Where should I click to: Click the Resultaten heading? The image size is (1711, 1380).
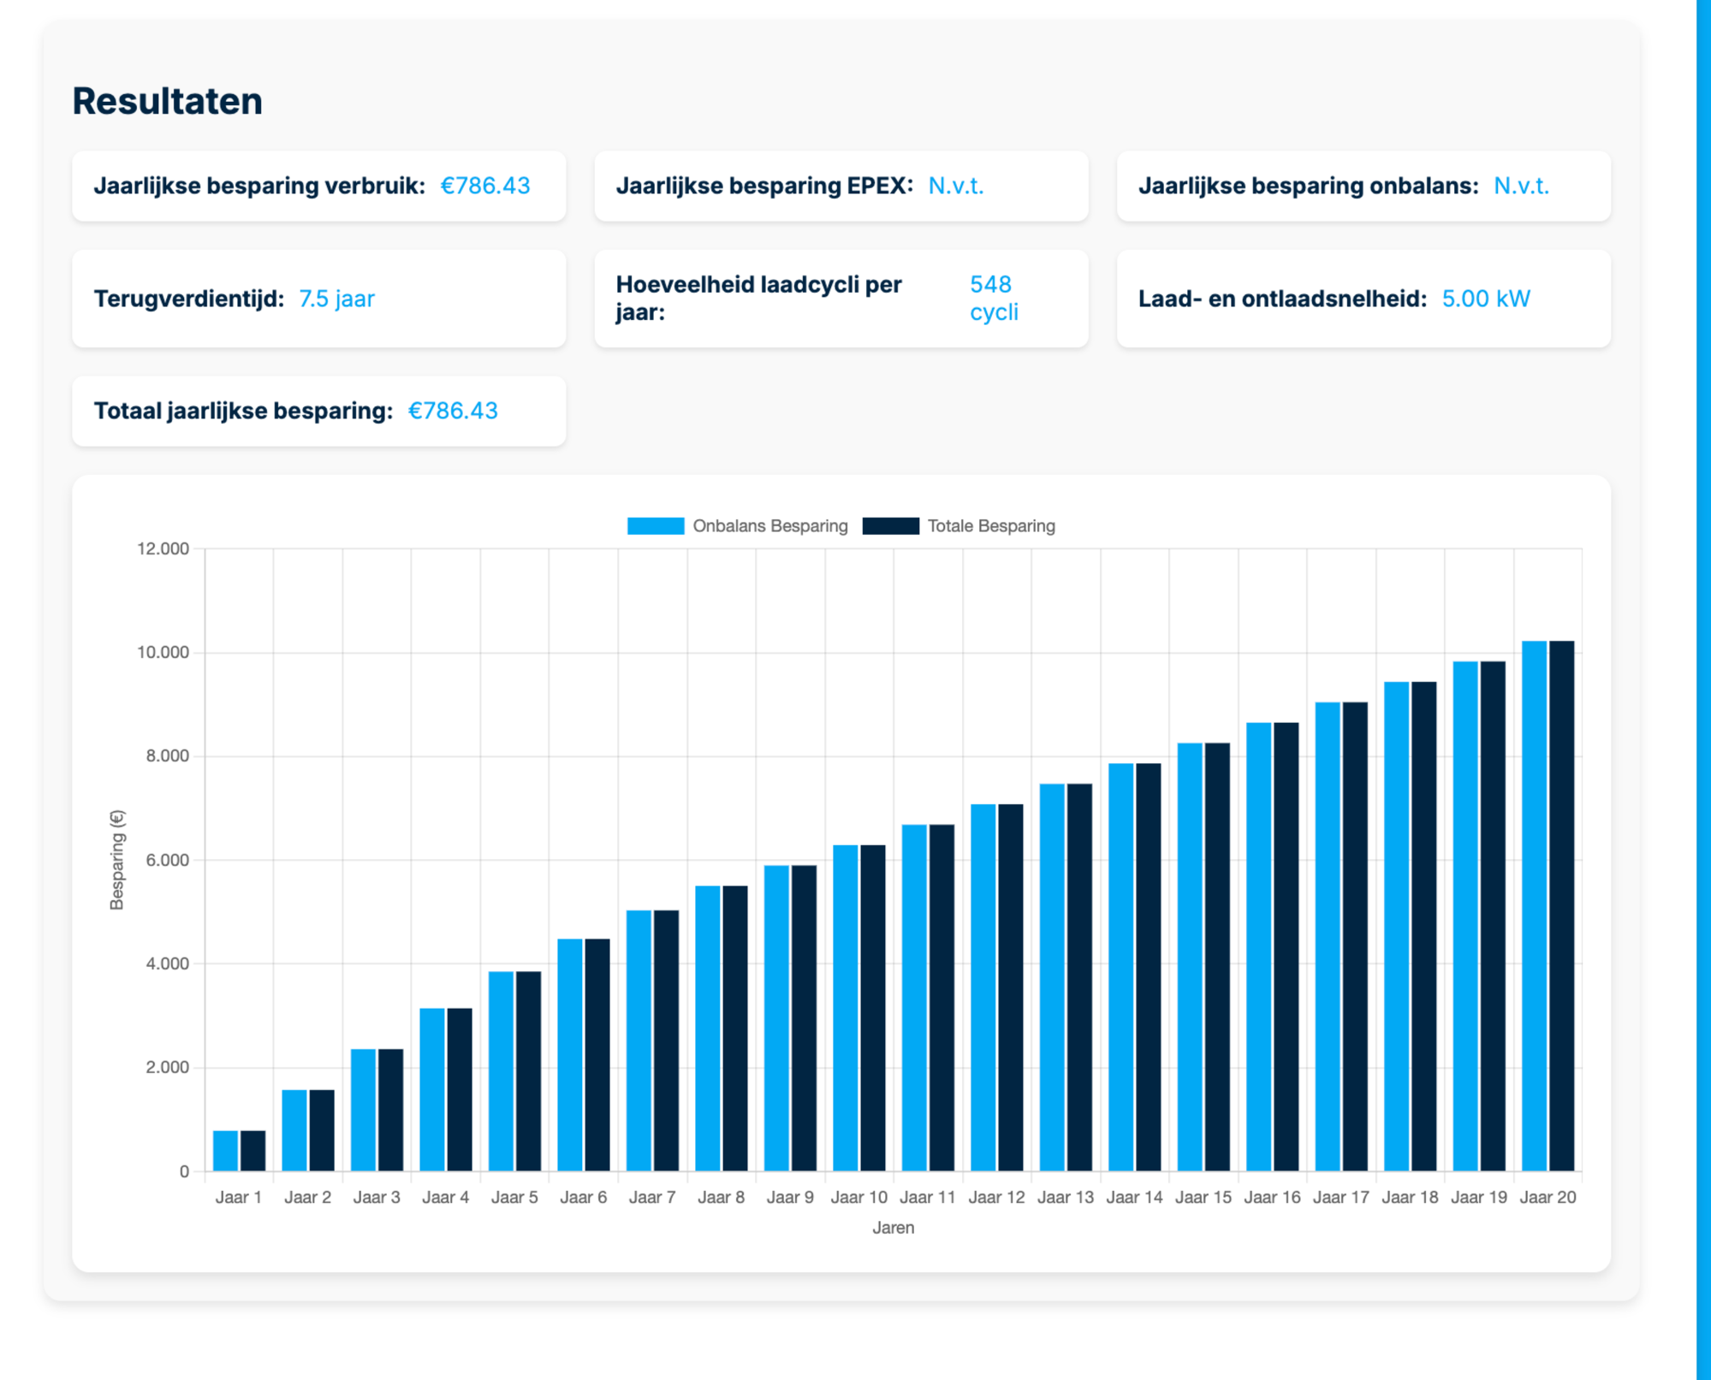[x=167, y=101]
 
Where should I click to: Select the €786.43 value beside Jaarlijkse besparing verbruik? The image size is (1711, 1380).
[x=485, y=186]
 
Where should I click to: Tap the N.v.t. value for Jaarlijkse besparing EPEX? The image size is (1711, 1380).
[x=956, y=186]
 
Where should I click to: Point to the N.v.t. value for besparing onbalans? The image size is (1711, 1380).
[x=1521, y=186]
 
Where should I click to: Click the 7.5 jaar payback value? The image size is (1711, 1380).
[x=336, y=299]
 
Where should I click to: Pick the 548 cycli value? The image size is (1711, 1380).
[x=994, y=298]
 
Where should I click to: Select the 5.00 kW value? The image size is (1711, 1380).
[x=1486, y=299]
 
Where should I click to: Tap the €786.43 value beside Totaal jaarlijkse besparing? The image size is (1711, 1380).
[x=453, y=411]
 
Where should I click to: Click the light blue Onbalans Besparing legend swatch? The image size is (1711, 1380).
[x=656, y=526]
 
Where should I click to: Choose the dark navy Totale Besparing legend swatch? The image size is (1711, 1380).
[x=890, y=526]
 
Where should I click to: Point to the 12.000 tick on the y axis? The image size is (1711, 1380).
[x=163, y=548]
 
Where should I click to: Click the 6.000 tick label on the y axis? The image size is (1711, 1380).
[x=167, y=860]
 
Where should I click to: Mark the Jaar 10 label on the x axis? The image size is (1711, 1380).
[x=859, y=1197]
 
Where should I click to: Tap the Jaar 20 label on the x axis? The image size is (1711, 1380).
[x=1548, y=1197]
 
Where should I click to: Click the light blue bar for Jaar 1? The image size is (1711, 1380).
[x=226, y=1151]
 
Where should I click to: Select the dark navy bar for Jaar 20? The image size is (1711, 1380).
[x=1562, y=906]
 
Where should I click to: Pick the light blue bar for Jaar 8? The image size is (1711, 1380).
[x=708, y=1028]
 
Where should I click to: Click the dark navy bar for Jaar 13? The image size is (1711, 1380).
[x=1079, y=977]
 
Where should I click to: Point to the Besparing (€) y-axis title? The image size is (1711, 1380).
[x=117, y=860]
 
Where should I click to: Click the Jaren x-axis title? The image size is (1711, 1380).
[x=894, y=1228]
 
